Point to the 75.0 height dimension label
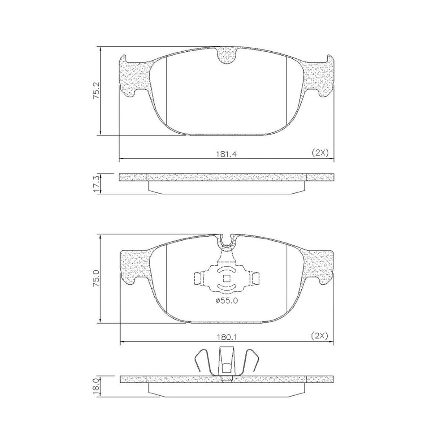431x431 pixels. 96,279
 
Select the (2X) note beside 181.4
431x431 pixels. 320,153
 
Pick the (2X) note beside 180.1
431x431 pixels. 319,336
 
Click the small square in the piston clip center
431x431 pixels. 226,279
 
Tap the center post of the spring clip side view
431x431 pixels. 226,362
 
